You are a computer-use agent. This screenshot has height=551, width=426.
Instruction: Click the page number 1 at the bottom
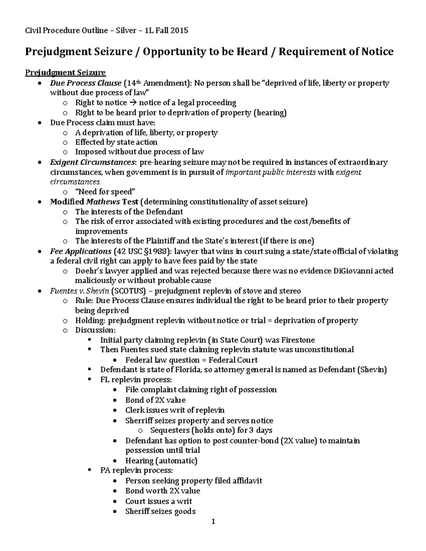[x=213, y=522]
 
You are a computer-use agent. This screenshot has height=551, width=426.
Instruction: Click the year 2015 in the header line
[x=179, y=31]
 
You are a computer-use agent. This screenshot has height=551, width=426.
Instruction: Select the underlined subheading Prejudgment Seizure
[x=65, y=73]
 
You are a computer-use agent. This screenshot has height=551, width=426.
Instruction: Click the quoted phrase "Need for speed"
[x=105, y=192]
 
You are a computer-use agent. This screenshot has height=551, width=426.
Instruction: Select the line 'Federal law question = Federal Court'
[x=191, y=360]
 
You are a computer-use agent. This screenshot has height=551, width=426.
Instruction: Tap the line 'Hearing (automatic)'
[x=161, y=461]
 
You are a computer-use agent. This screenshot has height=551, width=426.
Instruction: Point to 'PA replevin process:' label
[x=136, y=470]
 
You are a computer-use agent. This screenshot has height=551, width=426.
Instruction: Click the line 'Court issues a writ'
[x=158, y=501]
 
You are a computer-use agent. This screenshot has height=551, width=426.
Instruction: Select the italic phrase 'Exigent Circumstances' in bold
[x=93, y=162]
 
